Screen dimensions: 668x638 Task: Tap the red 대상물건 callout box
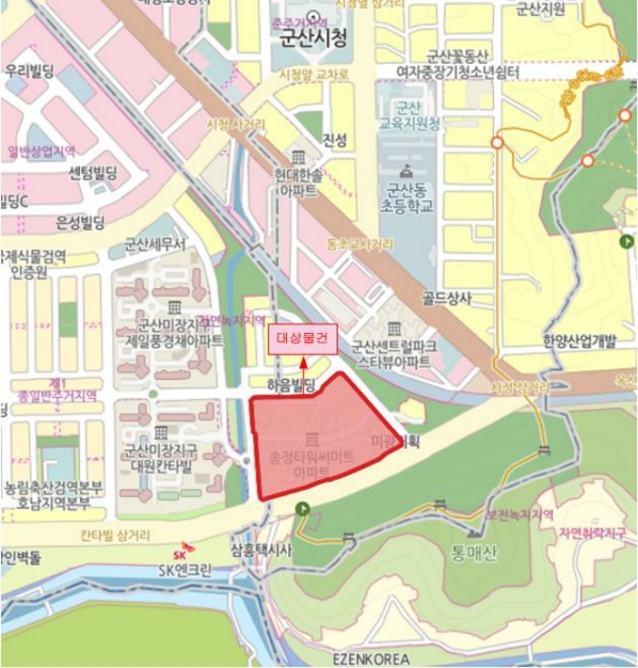[301, 339]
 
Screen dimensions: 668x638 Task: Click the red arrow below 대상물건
[303, 362]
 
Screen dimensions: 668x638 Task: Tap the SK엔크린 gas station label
[187, 571]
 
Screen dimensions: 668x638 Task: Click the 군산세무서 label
[155, 246]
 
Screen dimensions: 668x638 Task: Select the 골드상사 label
[446, 299]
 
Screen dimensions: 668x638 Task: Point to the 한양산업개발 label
[580, 341]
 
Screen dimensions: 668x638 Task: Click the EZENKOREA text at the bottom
[371, 658]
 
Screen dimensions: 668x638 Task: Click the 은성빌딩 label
[80, 223]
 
